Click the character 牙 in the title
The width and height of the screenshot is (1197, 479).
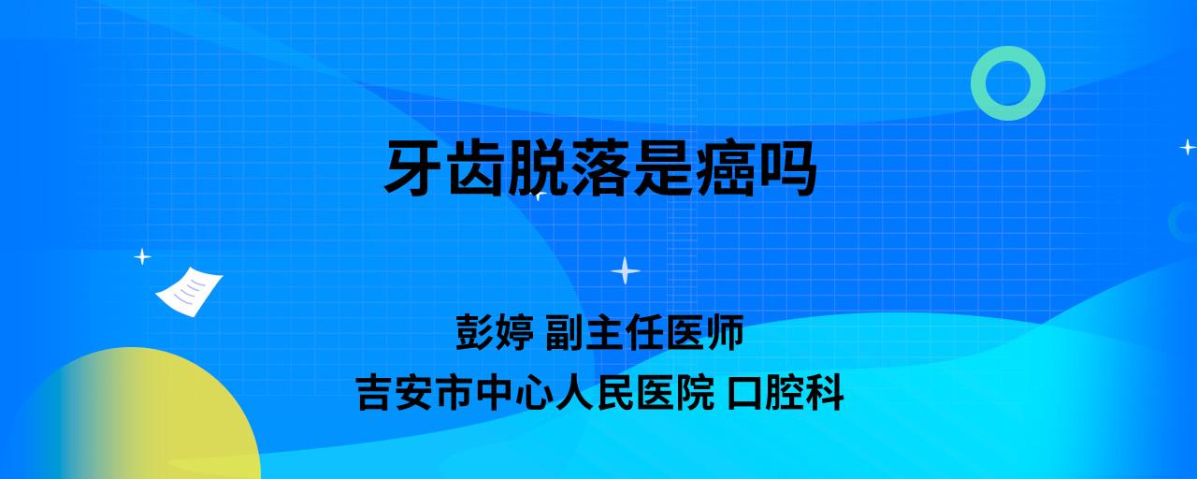point(412,168)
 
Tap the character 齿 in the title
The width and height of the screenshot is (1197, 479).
point(474,168)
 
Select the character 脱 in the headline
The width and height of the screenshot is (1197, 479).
point(537,168)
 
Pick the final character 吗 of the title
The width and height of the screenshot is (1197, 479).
point(786,168)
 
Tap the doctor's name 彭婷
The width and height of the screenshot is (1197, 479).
point(495,332)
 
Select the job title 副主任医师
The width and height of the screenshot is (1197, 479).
point(644,332)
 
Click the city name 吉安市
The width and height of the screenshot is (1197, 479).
point(415,393)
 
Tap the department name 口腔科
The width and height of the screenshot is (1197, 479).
point(786,393)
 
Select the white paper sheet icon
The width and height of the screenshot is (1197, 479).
point(189,292)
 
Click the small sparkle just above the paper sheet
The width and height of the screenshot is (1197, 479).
point(142,257)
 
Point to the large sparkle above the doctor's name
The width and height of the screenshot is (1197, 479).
point(626,270)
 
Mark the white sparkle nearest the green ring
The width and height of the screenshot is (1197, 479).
point(1188,147)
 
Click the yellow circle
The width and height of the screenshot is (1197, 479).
point(139,417)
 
